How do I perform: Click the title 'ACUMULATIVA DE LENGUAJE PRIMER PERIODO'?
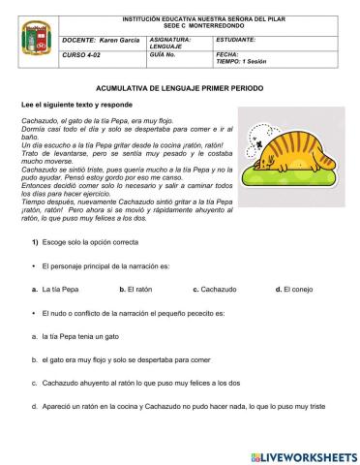180,87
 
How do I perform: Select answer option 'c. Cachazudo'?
215,289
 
